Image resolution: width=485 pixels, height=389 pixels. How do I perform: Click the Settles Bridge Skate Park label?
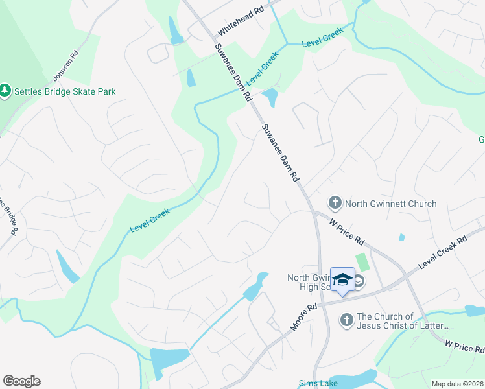pyautogui.click(x=65, y=91)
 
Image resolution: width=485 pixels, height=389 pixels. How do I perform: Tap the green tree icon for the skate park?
pyautogui.click(x=6, y=91)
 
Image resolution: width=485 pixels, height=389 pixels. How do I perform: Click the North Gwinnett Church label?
pyautogui.click(x=390, y=204)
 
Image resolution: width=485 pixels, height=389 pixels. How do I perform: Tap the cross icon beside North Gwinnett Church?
pyautogui.click(x=335, y=204)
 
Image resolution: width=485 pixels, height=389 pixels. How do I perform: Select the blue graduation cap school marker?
pyautogui.click(x=342, y=280)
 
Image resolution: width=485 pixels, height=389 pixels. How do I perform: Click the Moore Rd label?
pyautogui.click(x=303, y=318)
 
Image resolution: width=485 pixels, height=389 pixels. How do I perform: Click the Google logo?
pyautogui.click(x=21, y=381)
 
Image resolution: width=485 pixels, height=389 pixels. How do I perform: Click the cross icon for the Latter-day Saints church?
pyautogui.click(x=346, y=320)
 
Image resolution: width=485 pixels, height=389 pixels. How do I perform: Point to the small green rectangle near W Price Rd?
pyautogui.click(x=362, y=263)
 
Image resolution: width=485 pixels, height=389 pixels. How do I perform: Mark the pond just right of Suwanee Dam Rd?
pyautogui.click(x=270, y=98)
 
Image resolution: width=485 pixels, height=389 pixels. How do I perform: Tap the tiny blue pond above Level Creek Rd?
pyautogui.click(x=402, y=237)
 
